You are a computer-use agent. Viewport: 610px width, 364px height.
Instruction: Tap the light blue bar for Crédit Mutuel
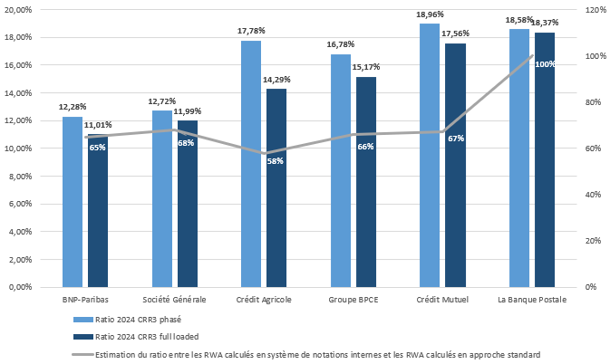tap(429, 155)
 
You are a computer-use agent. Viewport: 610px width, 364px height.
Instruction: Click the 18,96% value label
tap(429, 16)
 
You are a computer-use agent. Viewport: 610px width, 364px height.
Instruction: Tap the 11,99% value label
tap(189, 111)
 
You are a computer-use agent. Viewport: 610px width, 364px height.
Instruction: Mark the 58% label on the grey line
tap(276, 161)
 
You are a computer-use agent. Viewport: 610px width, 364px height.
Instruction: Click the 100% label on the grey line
tap(545, 64)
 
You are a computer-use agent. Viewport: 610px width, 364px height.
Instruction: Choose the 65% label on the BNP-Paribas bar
tap(97, 148)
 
